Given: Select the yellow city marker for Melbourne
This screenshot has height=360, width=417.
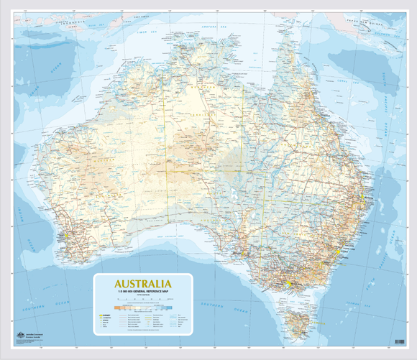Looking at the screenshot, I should click(287, 285).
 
